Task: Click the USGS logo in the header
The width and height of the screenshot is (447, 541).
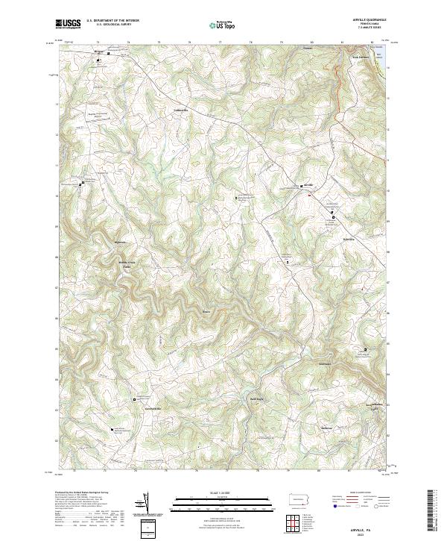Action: point(68,24)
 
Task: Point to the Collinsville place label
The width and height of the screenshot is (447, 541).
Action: point(182,110)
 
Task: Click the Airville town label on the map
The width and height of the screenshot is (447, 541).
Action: point(309,184)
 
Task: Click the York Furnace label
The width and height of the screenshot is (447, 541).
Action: point(360,57)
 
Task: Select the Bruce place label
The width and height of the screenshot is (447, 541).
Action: point(206,311)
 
